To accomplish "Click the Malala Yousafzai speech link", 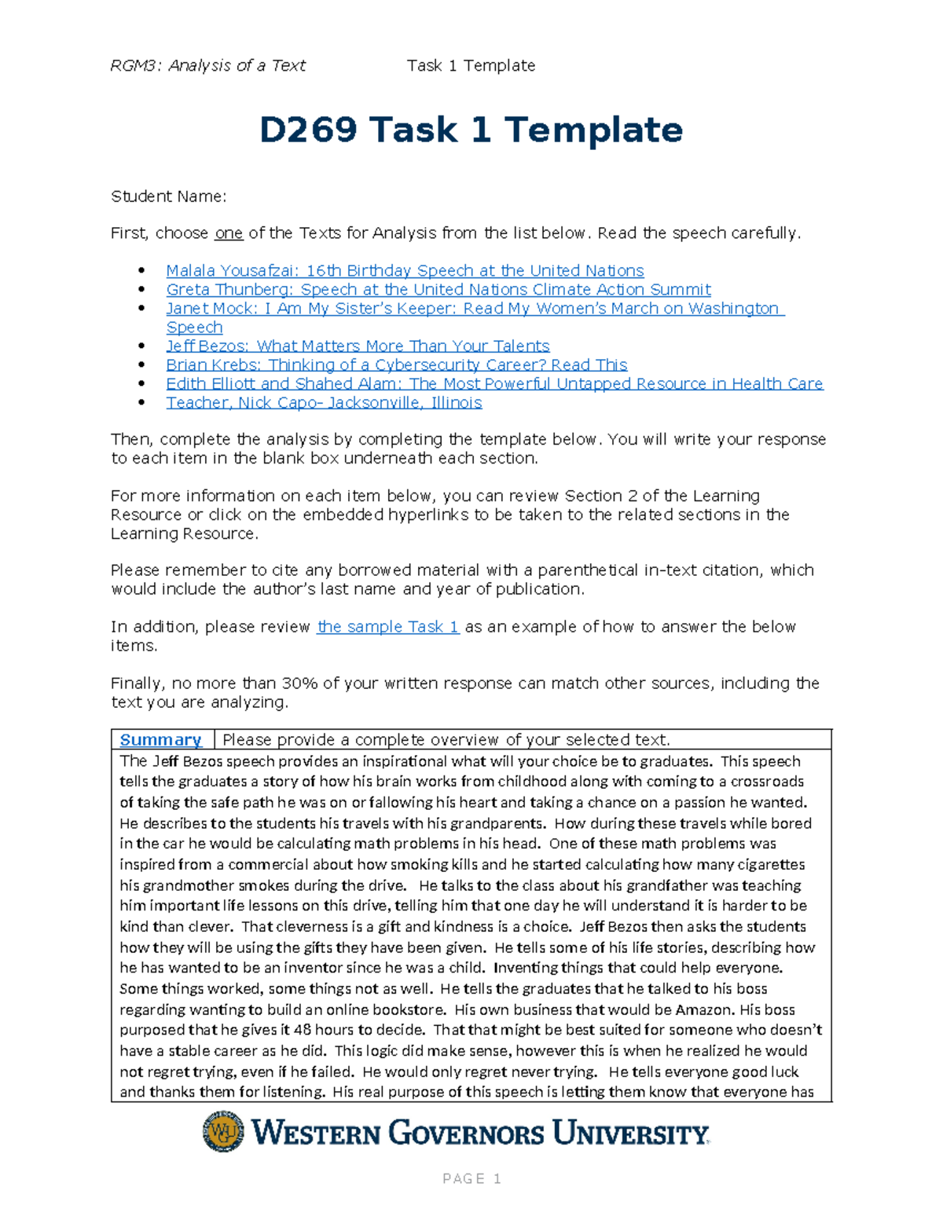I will [405, 271].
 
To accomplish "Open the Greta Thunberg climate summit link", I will [438, 290].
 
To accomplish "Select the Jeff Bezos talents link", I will [358, 346].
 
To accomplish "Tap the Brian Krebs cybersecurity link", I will [396, 365].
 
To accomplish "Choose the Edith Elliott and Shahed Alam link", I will [494, 384].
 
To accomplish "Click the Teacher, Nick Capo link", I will [324, 403].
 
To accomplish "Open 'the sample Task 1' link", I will [387, 627].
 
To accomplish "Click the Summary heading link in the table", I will [160, 740].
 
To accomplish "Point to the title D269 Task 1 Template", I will [471, 130].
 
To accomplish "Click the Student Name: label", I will [168, 196].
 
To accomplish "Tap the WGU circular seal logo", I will [223, 1131].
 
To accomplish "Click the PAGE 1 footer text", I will [472, 1178].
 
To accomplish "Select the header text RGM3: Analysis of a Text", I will [208, 66].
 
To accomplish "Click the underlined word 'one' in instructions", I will [229, 233].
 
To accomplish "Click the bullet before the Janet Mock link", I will [141, 309].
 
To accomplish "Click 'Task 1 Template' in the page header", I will [471, 66].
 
